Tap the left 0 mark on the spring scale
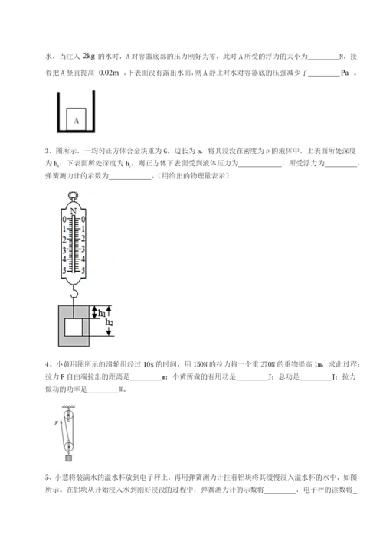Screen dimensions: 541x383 64,220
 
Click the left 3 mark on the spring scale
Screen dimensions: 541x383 64,249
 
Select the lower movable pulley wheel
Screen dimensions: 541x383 69,440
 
